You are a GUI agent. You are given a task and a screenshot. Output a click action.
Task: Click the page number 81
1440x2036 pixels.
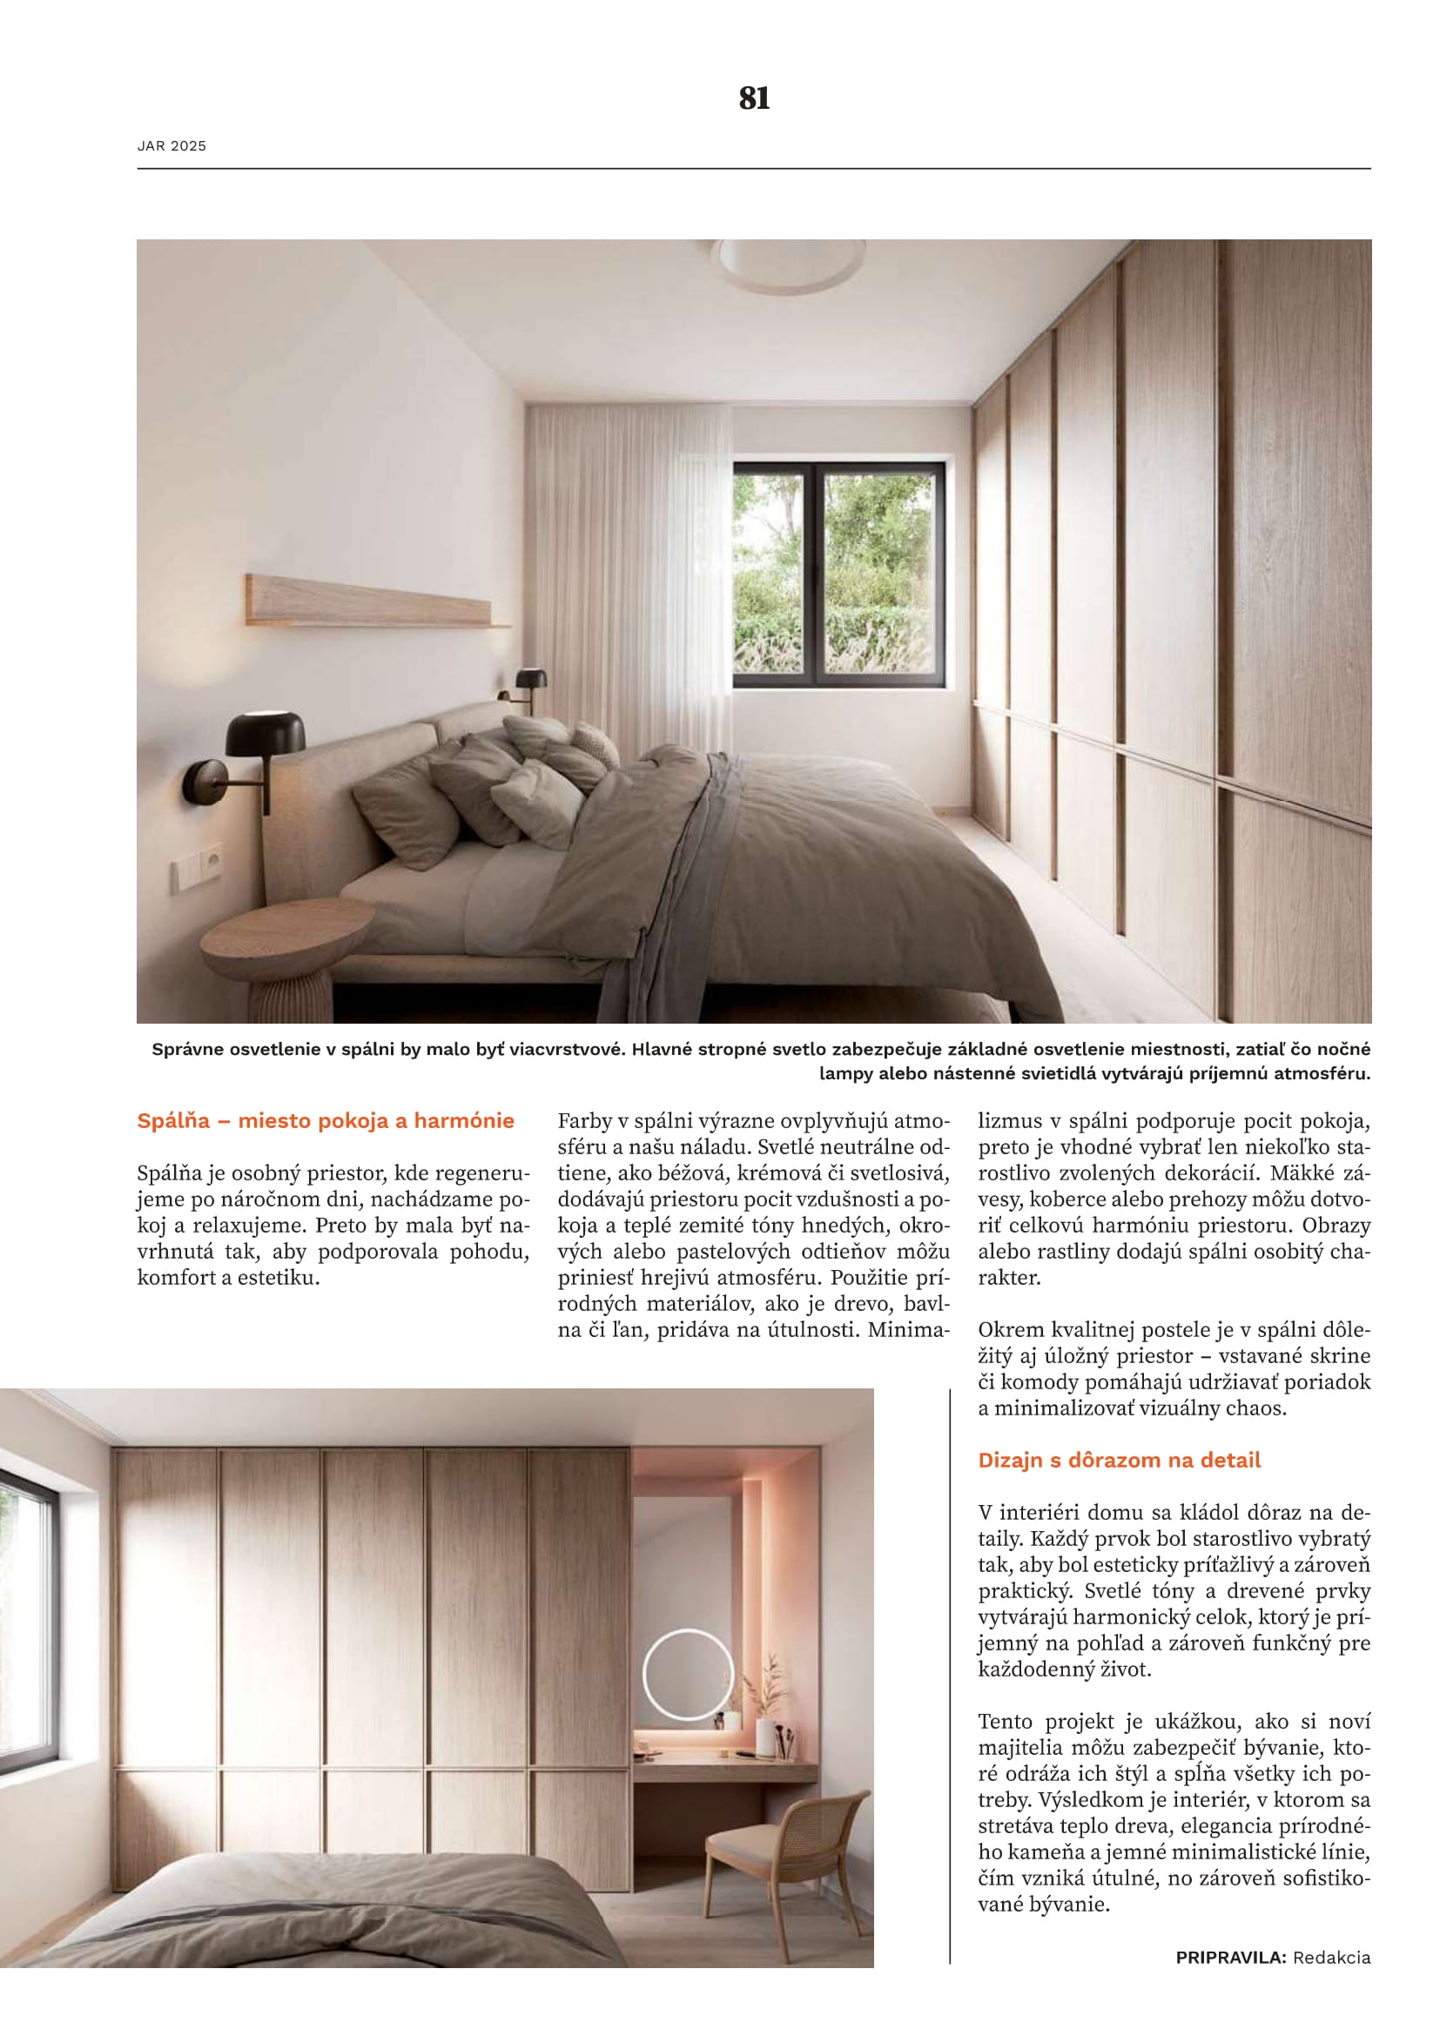[754, 97]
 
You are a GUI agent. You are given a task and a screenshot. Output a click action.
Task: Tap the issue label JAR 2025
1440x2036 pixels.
[172, 146]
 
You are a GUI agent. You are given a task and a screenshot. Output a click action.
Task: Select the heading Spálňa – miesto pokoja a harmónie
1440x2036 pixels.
[326, 1121]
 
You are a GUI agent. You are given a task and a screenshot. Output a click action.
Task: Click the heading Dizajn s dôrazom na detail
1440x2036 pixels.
[1119, 1461]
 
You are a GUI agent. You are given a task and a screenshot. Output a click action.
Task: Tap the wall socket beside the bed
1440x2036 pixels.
[211, 860]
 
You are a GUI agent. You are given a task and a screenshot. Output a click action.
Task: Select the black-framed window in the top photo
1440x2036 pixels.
[838, 575]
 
